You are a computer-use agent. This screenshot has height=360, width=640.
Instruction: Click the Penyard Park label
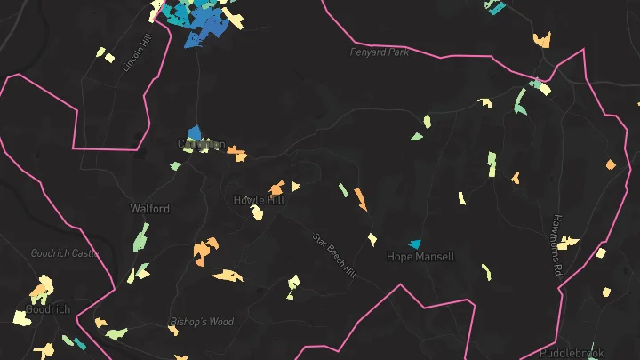point(379,52)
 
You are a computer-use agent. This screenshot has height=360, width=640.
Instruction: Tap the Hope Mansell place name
point(420,257)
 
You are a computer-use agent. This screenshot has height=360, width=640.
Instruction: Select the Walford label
point(149,209)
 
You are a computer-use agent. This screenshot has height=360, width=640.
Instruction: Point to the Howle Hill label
point(260,200)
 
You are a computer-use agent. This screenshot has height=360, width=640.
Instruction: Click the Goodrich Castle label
point(64,253)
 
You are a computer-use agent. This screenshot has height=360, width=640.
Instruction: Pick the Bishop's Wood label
point(201,322)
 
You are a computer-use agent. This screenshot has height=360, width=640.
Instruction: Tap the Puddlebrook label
point(572,352)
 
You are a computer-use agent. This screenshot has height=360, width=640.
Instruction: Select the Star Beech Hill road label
point(333,255)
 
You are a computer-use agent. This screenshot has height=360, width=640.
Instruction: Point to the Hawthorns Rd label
point(558,244)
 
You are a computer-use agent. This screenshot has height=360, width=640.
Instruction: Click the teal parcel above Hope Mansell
point(413,244)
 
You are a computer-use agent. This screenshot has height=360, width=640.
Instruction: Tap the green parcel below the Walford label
point(140,237)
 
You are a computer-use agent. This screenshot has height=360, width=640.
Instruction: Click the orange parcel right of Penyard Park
point(541,39)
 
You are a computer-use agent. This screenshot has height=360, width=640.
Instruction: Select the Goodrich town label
point(48,309)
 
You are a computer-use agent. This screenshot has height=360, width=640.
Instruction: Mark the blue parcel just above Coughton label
point(195,133)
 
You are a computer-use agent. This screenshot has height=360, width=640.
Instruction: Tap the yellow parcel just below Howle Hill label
point(257,212)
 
